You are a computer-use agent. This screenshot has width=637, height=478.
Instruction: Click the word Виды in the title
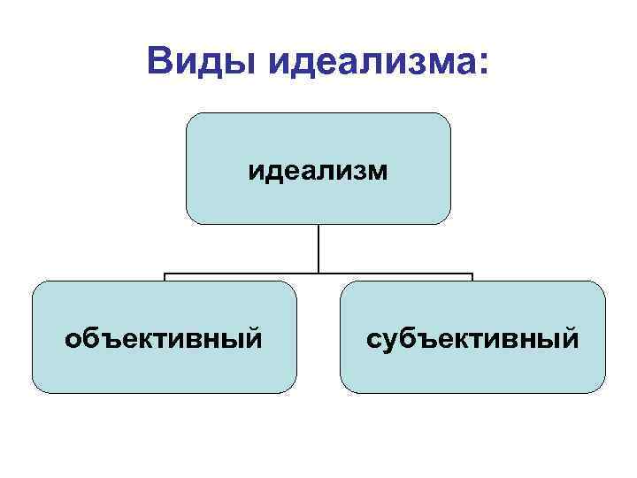(x=202, y=62)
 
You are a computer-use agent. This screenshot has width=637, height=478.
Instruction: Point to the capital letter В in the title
(x=163, y=62)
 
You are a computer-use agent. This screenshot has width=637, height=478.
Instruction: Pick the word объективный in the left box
(x=164, y=338)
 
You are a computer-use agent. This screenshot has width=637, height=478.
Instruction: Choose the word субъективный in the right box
(x=473, y=338)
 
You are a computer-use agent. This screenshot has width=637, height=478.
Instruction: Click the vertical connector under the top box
(x=318, y=248)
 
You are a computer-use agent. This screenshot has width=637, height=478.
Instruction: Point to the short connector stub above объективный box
(x=165, y=277)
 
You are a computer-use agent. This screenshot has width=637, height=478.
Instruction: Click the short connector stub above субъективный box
(x=472, y=277)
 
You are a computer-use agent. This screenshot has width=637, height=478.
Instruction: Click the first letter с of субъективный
(x=372, y=339)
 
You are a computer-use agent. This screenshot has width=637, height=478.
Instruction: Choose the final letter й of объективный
(x=255, y=337)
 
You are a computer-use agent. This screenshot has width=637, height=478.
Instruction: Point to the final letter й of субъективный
(x=572, y=337)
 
